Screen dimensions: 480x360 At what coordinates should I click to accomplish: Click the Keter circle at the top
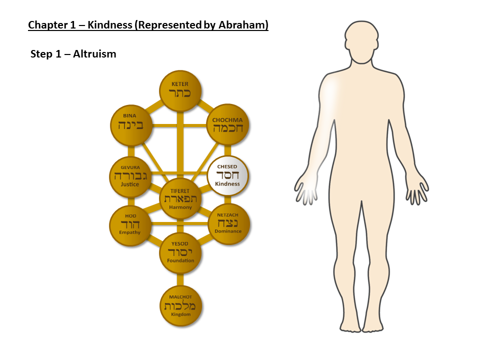[x=180, y=91]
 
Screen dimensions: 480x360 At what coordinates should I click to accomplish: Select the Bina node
[x=131, y=125]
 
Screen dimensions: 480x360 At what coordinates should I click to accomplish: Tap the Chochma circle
[x=228, y=124]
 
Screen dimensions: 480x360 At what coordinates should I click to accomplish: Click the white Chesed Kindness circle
[x=227, y=175]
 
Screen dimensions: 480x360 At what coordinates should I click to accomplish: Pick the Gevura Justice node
[x=130, y=177]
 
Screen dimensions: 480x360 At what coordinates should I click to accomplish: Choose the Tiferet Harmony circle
[x=180, y=198]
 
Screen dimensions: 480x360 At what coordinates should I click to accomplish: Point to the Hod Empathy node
[x=130, y=226]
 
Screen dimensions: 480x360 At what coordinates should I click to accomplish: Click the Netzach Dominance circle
[x=228, y=224]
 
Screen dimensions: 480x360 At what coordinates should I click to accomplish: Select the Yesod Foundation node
[x=180, y=253]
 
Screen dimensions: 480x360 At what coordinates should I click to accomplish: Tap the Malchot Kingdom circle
[x=181, y=306]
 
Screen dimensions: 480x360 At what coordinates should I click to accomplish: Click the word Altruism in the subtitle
[x=94, y=54]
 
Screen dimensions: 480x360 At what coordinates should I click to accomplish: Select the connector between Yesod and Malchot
[x=180, y=280]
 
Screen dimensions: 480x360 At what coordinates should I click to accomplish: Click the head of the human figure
[x=361, y=42]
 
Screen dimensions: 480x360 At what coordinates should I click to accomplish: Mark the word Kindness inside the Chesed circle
[x=227, y=183]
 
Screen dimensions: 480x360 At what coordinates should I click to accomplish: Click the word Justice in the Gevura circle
[x=130, y=184]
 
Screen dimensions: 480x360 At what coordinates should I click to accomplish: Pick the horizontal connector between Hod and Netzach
[x=179, y=224]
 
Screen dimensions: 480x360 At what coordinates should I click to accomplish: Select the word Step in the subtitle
[x=41, y=54]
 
